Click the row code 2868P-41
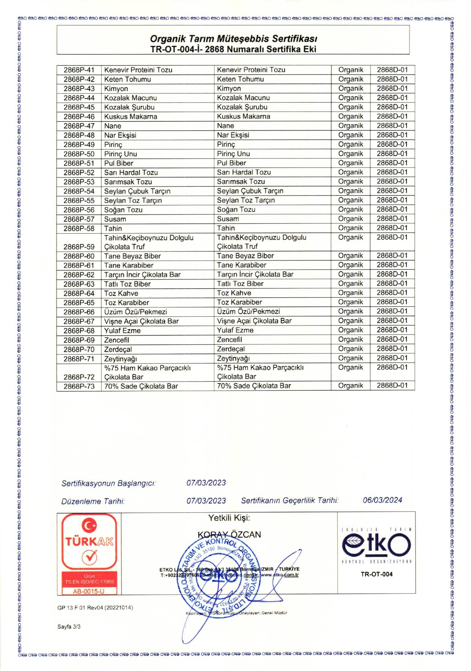[x=79, y=70]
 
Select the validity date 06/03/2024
[x=382, y=500]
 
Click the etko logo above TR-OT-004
[x=376, y=545]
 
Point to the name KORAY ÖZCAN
[x=229, y=534]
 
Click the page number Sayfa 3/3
[x=69, y=627]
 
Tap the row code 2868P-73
[x=79, y=386]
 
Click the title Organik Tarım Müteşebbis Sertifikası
[x=233, y=39]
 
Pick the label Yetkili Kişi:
[x=229, y=518]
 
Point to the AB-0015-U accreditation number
[x=89, y=591]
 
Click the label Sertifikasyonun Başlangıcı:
[x=109, y=484]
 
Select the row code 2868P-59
[x=79, y=247]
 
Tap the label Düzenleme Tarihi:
[x=93, y=501]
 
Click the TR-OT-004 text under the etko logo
[x=376, y=574]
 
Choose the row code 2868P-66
[x=79, y=312]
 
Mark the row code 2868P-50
[x=79, y=154]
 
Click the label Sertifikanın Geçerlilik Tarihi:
[x=290, y=500]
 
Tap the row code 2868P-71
[x=79, y=358]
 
